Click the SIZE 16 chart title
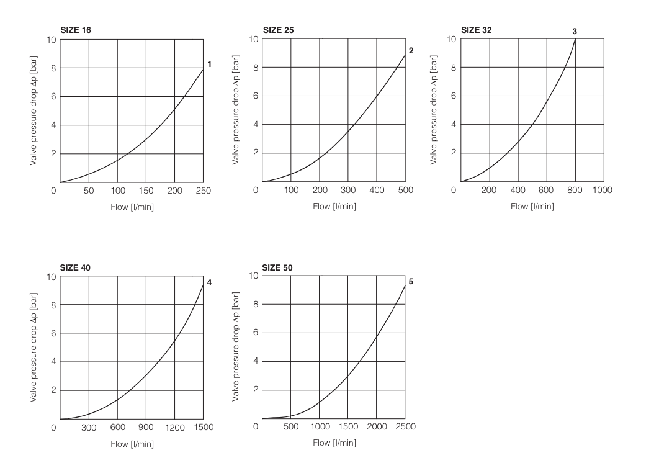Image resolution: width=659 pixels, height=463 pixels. (76, 29)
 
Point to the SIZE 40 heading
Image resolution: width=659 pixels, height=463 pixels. (76, 267)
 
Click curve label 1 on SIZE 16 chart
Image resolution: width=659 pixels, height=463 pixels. (210, 64)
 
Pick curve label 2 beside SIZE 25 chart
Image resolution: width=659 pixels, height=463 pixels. (411, 50)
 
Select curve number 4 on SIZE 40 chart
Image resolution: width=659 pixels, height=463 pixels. (210, 283)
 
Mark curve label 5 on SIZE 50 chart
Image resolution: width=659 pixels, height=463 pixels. (411, 282)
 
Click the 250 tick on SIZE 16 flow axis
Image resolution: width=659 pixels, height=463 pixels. (204, 190)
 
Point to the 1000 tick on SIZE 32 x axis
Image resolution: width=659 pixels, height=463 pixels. (603, 190)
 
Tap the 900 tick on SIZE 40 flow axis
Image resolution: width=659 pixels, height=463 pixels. (146, 427)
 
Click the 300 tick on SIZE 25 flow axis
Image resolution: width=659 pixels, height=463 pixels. (348, 190)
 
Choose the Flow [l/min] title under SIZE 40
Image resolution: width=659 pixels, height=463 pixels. (132, 444)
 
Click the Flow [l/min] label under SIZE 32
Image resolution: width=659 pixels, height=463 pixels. (532, 207)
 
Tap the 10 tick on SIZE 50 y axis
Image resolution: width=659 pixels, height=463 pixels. (253, 276)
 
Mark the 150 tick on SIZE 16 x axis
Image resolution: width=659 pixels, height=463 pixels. (146, 190)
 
